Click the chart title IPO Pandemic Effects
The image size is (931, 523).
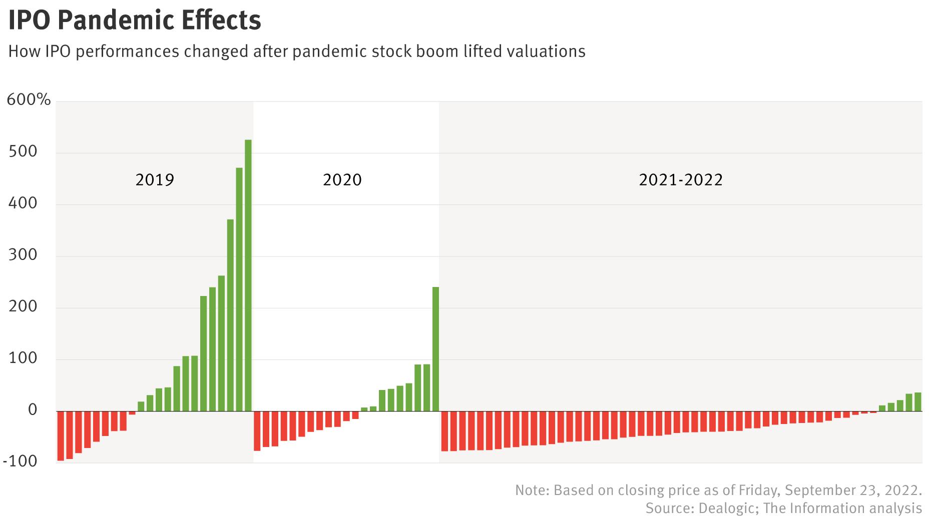[x=135, y=20]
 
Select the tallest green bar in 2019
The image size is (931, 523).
[x=248, y=275]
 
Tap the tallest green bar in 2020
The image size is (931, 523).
[x=435, y=349]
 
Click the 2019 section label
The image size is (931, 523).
[x=155, y=180]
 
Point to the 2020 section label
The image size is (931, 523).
[x=342, y=180]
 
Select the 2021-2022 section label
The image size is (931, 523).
[x=680, y=180]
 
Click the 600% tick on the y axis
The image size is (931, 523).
[x=29, y=100]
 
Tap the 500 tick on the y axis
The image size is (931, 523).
[x=23, y=152]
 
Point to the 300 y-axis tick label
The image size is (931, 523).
[x=23, y=255]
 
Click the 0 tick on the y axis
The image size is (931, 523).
[x=33, y=410]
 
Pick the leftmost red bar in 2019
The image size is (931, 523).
[x=61, y=435]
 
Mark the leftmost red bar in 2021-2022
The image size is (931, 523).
[x=444, y=431]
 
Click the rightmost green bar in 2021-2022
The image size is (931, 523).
[x=917, y=402]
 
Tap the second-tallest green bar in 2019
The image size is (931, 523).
[x=239, y=289]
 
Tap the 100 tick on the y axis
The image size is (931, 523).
[x=23, y=358]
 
